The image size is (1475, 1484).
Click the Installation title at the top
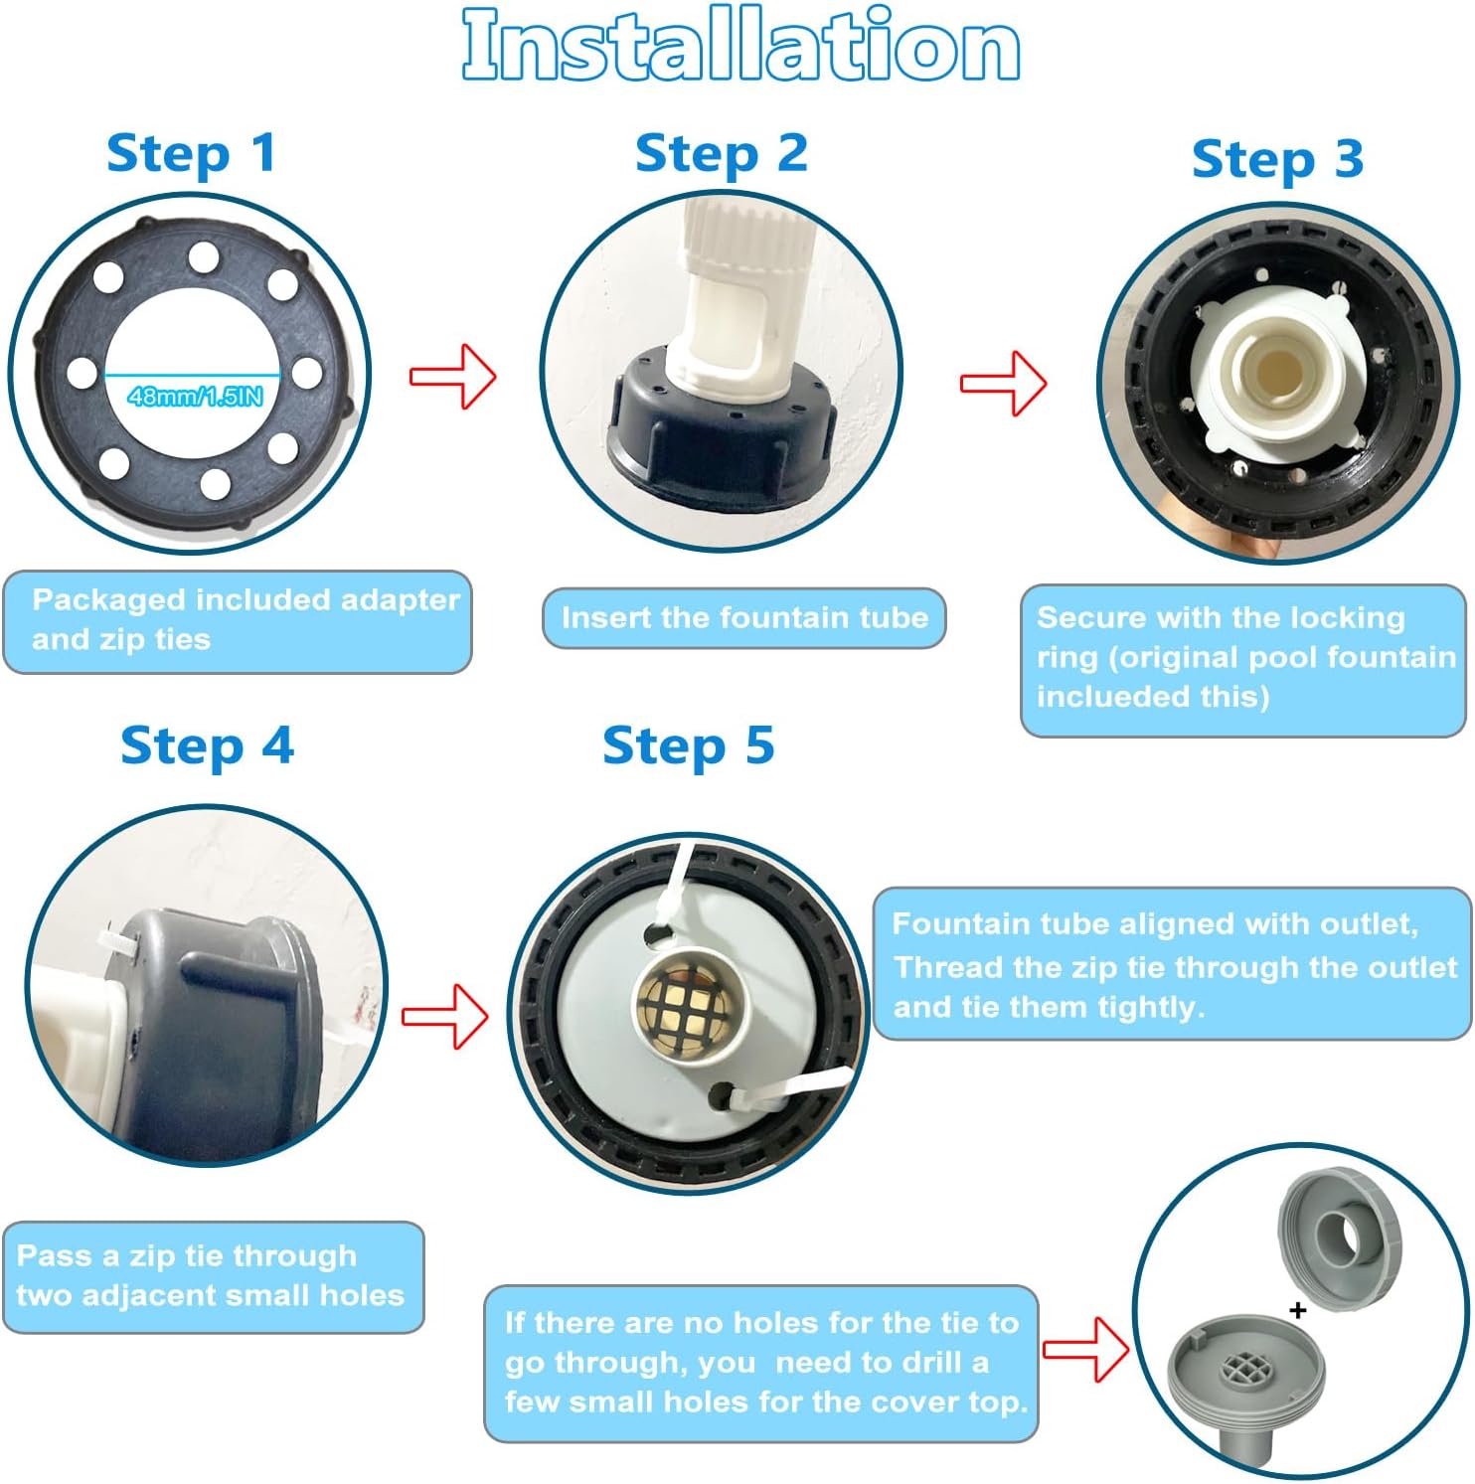point(740,45)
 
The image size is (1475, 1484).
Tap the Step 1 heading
point(191,155)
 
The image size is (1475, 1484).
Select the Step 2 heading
point(721,155)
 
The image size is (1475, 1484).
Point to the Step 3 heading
point(1277,160)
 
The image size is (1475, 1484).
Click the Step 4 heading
point(207,746)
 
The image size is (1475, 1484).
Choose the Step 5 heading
point(688,746)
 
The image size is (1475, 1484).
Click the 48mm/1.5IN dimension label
point(196,397)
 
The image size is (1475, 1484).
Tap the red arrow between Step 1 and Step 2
point(453,377)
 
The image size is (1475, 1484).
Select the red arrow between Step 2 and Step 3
point(1003,384)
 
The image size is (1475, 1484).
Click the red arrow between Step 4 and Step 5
point(445,1016)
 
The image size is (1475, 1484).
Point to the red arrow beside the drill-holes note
point(1086,1349)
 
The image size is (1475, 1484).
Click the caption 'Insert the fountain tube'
point(744,617)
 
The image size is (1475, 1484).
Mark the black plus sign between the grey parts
point(1297,1310)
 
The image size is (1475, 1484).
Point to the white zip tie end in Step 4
point(117,938)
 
